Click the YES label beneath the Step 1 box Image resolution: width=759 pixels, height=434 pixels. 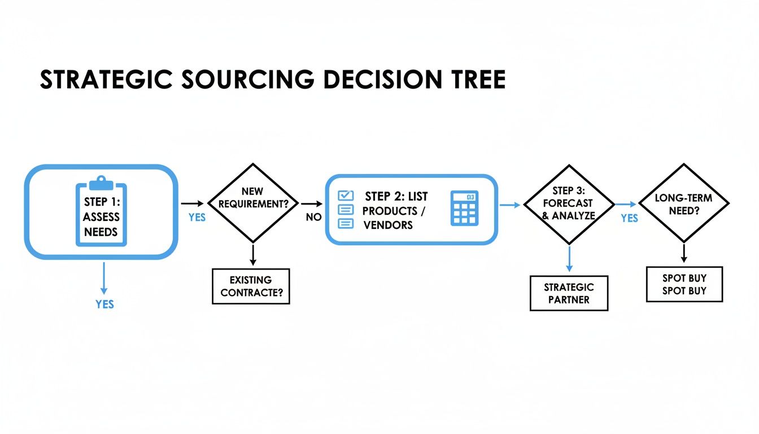[x=104, y=304]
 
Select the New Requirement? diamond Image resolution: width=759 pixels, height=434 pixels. [x=252, y=203]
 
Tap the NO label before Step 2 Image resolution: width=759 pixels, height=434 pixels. [x=313, y=218]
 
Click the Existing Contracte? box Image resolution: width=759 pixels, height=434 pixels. [x=251, y=286]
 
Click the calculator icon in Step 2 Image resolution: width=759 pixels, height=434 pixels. [x=464, y=209]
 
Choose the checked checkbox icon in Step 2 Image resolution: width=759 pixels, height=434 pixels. [x=345, y=196]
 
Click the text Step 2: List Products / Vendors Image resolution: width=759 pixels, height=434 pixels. [x=395, y=210]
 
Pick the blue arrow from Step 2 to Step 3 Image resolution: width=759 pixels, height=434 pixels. [x=510, y=205]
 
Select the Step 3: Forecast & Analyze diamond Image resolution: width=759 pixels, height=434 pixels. [x=569, y=203]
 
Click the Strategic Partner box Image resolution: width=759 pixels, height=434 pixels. [x=569, y=293]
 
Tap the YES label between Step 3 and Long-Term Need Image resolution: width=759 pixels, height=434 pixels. [x=629, y=218]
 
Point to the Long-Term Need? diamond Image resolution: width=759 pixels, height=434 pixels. [x=683, y=203]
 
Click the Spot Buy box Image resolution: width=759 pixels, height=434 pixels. [x=684, y=284]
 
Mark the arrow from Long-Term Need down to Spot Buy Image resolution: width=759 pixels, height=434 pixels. [x=684, y=252]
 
